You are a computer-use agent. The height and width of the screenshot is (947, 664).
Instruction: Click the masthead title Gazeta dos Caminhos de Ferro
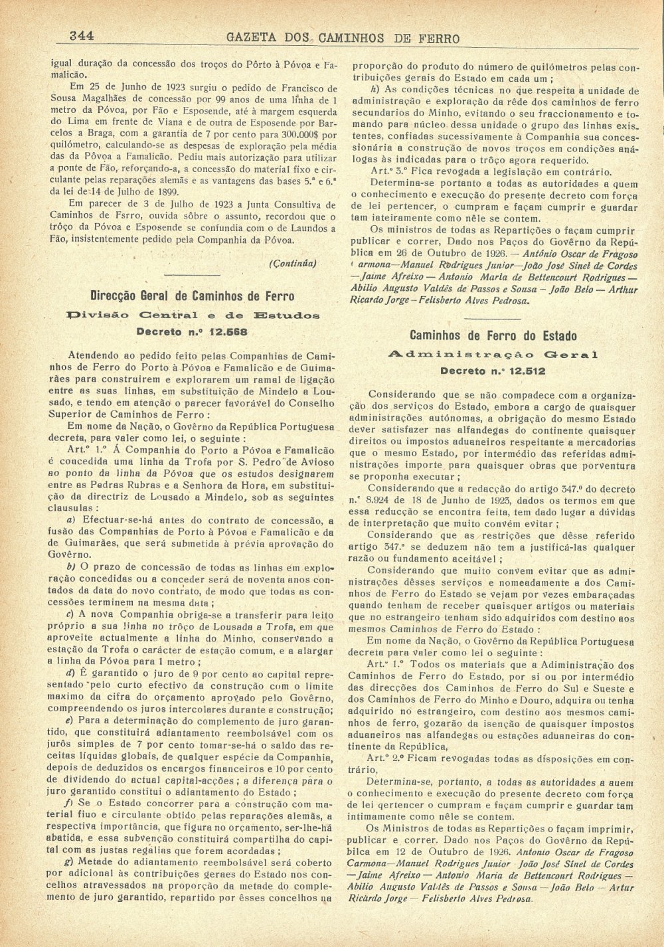343,37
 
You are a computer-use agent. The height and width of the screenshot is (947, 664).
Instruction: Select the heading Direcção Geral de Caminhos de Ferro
192,296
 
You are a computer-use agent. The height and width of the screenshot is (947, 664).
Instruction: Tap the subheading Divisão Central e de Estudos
193,315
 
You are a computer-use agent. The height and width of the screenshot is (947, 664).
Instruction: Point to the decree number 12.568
212,331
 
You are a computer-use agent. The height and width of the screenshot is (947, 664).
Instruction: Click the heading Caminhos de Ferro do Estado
493,336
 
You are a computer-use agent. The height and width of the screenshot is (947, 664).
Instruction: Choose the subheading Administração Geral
493,355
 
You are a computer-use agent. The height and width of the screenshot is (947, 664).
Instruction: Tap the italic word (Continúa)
292,263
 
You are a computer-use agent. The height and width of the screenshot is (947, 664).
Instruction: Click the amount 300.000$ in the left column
299,135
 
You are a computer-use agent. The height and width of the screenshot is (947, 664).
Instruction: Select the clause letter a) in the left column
71,521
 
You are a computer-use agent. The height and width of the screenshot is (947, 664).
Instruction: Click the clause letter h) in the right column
375,90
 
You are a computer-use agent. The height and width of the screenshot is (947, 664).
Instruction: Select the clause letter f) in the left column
69,804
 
